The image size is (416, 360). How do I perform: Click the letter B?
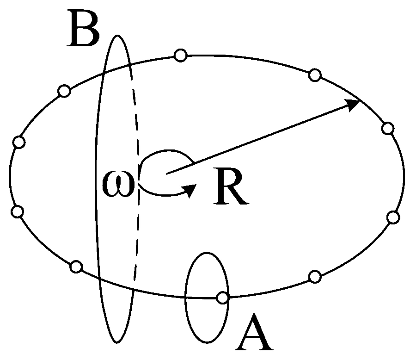coord(83,28)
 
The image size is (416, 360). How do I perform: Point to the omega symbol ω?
coord(117,184)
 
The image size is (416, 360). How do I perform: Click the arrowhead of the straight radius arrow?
coord(352,105)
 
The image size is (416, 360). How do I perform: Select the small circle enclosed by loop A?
coord(223,298)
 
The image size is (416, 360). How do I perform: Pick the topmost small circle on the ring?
coord(181,56)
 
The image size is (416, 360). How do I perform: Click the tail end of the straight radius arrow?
coord(166,174)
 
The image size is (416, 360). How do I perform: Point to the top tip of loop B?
coord(116,35)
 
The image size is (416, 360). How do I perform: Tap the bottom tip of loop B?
coord(117,342)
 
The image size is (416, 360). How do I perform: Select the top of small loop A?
coord(207,253)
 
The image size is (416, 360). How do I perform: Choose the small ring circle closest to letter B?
coord(64,91)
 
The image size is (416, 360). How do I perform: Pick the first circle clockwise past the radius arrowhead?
coord(388,128)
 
